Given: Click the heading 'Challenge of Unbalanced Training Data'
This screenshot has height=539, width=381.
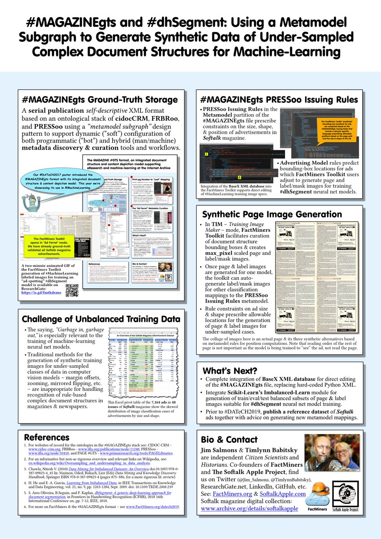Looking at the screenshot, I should (x=101, y=319).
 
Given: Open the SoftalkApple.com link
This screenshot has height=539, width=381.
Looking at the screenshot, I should (x=283, y=494).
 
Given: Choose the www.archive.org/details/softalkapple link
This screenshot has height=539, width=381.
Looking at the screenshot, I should (x=249, y=509).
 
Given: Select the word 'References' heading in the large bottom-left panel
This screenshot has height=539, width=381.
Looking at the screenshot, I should (x=46, y=437).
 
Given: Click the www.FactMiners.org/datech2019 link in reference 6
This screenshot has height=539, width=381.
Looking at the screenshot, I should (x=153, y=507).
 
